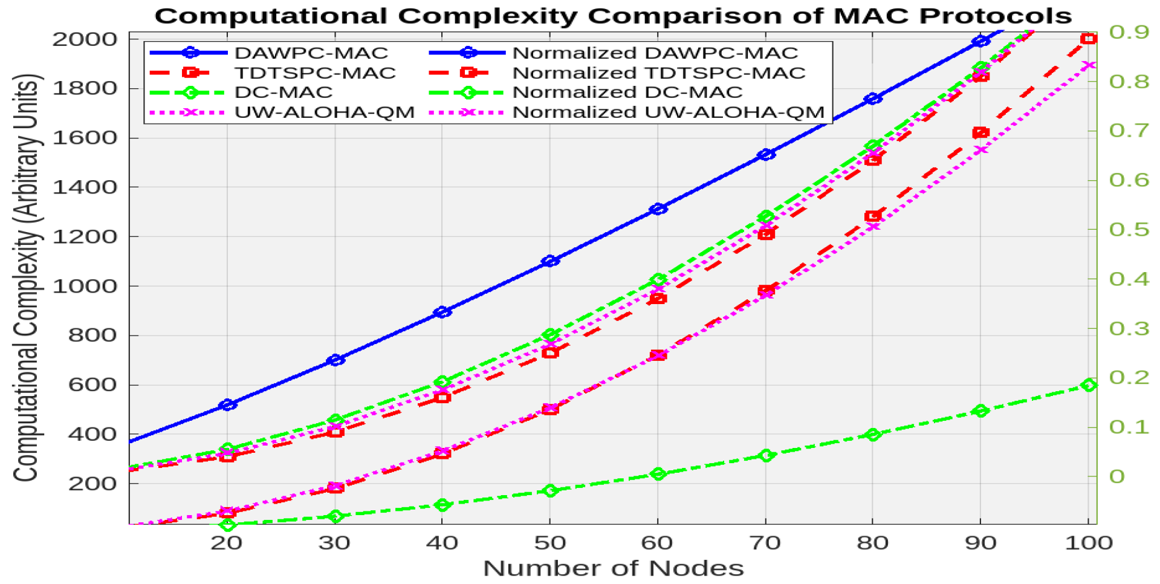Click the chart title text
[x=612, y=16]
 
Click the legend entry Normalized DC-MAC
[x=627, y=92]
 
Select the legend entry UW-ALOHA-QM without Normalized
[x=324, y=112]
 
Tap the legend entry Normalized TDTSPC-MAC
[x=658, y=73]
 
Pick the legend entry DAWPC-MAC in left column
[x=311, y=53]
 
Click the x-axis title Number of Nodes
[x=613, y=568]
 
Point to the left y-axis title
[x=27, y=278]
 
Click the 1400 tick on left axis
[x=84, y=187]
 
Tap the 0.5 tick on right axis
[x=1129, y=230]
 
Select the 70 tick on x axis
[x=765, y=543]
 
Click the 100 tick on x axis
[x=1088, y=543]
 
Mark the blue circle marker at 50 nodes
[x=550, y=261]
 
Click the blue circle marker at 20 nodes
[x=227, y=404]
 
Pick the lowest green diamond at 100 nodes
[x=1089, y=385]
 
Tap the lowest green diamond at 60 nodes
[x=658, y=474]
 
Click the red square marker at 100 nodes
[x=1088, y=39]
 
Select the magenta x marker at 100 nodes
[x=1088, y=65]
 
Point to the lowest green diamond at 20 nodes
[x=227, y=525]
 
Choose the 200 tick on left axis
[x=92, y=484]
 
